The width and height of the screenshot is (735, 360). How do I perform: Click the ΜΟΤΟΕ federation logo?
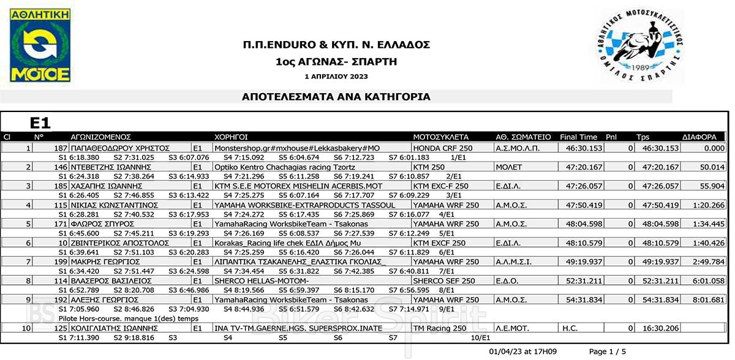(x=40, y=47)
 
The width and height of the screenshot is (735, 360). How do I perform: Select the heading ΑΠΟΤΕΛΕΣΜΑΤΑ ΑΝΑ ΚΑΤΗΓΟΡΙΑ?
(x=336, y=97)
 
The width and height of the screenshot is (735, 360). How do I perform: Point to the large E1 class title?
(x=40, y=123)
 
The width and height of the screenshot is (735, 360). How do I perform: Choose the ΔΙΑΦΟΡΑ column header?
(x=699, y=137)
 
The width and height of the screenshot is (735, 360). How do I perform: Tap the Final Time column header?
(x=578, y=137)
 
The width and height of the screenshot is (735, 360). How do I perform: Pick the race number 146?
(x=61, y=167)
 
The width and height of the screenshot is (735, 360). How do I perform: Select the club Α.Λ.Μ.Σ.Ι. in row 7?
(x=513, y=262)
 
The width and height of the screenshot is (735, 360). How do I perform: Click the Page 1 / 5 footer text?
(x=608, y=351)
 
